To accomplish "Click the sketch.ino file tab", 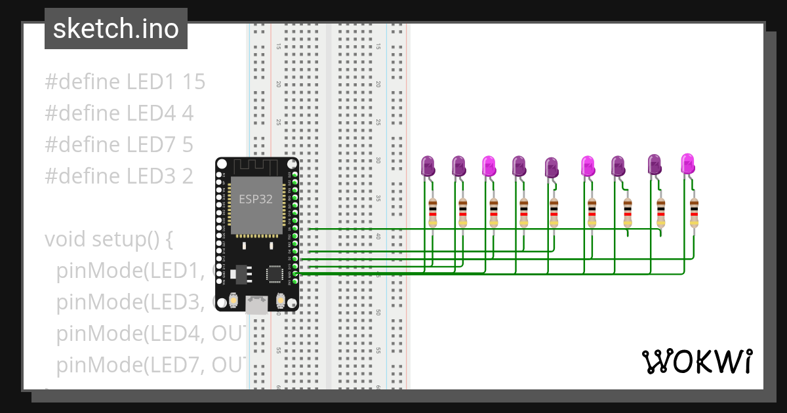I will click(x=116, y=29).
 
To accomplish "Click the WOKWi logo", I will click(x=696, y=361).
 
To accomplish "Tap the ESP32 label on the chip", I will click(x=255, y=199).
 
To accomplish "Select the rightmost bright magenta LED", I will click(x=687, y=163).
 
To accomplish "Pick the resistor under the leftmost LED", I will click(x=432, y=213).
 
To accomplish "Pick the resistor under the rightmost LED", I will click(x=694, y=213).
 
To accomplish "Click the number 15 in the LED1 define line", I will click(x=194, y=82).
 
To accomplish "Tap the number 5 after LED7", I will click(x=188, y=145).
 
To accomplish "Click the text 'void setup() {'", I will click(x=108, y=239).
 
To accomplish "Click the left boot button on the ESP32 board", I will click(x=232, y=301).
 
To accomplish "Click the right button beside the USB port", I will click(x=281, y=301).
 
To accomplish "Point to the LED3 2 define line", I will click(x=119, y=176).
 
